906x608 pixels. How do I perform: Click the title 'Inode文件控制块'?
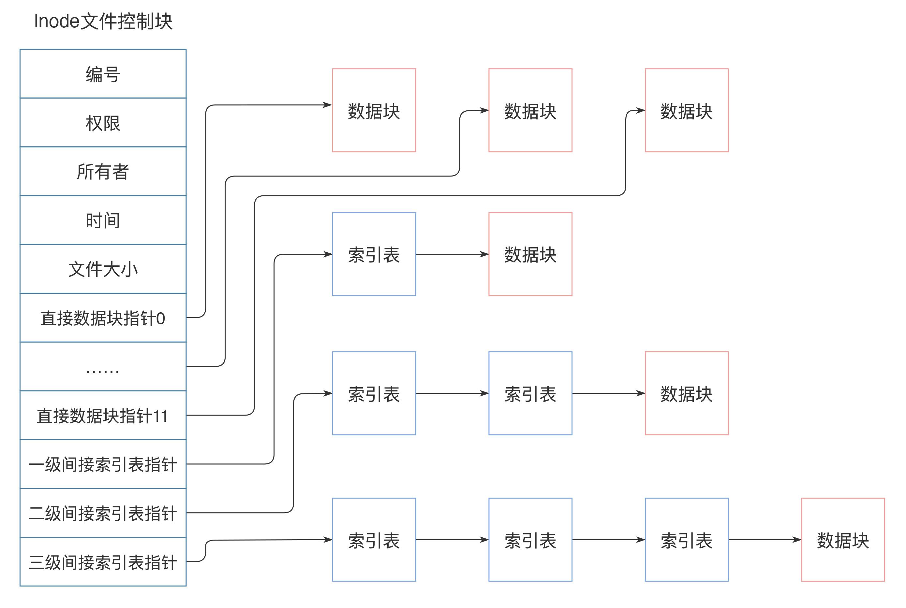coord(103,21)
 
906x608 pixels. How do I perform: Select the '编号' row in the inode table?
coord(103,74)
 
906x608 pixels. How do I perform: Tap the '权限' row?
coord(103,122)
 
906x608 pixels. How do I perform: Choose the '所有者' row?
coord(103,171)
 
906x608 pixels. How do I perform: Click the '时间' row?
coord(103,220)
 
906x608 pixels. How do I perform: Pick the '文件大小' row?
coord(103,269)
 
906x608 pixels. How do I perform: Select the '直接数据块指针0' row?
coord(103,318)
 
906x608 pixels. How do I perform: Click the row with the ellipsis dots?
coord(103,367)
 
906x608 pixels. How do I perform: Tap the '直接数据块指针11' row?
coord(103,416)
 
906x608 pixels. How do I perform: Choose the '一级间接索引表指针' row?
coord(103,464)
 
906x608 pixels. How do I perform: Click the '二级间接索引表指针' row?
coord(103,513)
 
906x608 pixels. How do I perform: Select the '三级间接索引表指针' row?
coord(103,562)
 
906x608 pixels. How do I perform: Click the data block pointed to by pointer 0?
coord(374,110)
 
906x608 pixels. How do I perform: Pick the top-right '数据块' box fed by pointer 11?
coord(686,110)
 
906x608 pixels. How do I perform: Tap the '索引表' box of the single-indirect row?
coord(374,254)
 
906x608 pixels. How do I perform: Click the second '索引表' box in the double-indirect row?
coord(530,394)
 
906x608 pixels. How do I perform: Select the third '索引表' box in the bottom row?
coord(686,540)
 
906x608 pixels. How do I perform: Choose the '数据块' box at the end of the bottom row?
coord(843,540)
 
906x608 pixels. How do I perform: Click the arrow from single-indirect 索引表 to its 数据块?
coord(452,254)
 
